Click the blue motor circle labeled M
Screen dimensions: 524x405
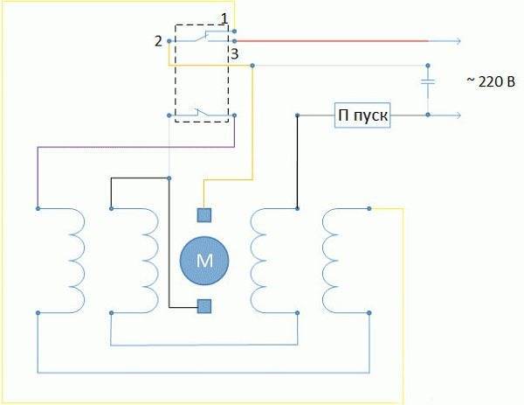tap(204, 261)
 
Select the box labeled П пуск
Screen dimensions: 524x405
tap(362, 115)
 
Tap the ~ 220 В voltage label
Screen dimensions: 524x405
tap(491, 81)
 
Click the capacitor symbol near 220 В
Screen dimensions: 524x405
tap(428, 81)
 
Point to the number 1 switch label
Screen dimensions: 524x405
tap(224, 18)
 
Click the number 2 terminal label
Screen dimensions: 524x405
tap(158, 41)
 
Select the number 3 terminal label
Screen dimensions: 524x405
tap(234, 53)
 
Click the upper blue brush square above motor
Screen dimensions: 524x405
tap(204, 215)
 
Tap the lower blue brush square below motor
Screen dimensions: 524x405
tap(204, 306)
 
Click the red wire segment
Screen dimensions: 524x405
tap(333, 41)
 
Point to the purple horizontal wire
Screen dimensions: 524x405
tap(136, 147)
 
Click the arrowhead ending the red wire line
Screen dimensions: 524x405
tap(458, 41)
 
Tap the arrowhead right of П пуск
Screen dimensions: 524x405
tap(458, 115)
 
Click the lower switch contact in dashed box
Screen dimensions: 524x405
tap(202, 113)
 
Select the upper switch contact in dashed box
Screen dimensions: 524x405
tap(202, 36)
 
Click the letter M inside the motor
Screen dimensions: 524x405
tap(204, 261)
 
